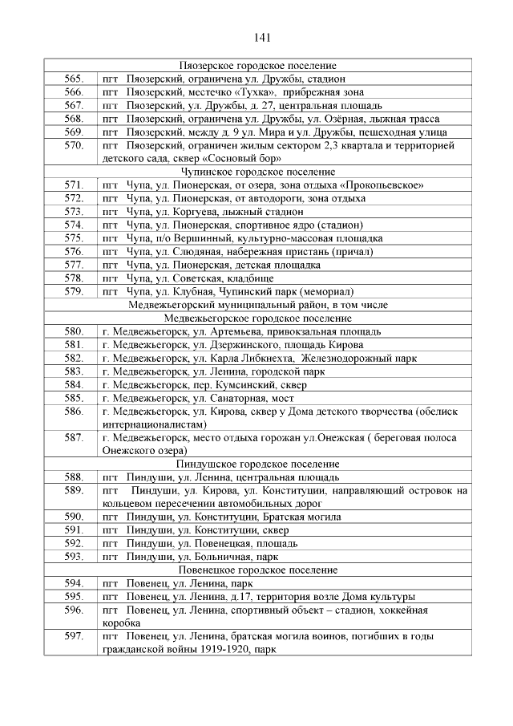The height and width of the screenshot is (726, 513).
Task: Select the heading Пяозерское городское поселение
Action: coord(257,66)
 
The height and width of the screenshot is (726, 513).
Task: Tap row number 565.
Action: coord(74,79)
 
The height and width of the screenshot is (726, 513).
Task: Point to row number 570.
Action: coord(74,145)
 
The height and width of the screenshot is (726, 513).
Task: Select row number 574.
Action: coord(74,225)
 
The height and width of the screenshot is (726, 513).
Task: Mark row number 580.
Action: coord(74,331)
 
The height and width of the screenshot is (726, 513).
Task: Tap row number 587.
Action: coord(74,437)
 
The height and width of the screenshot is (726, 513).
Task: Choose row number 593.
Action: coord(74,556)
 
